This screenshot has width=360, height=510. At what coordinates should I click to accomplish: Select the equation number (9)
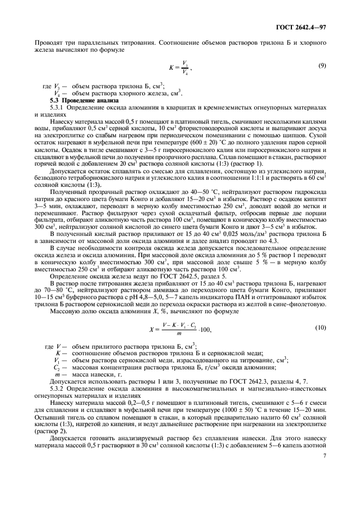(x=322, y=66)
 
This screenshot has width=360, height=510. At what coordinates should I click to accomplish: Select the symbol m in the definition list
(x=58, y=375)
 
